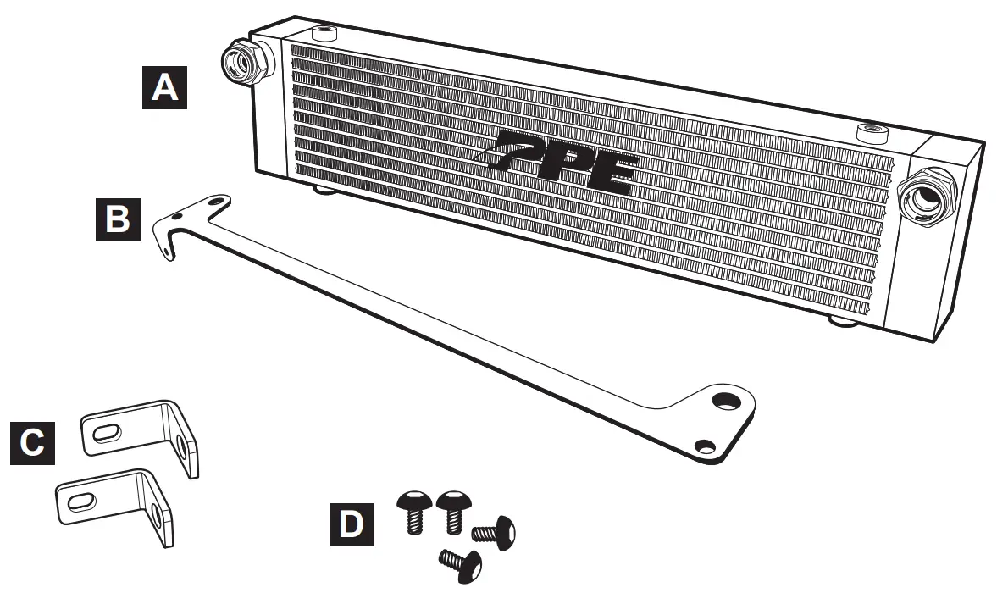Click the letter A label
click(x=163, y=87)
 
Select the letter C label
click(x=33, y=442)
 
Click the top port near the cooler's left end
click(x=324, y=34)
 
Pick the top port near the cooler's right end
click(x=870, y=130)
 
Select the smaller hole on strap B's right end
click(x=702, y=444)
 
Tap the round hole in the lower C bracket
click(x=158, y=515)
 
